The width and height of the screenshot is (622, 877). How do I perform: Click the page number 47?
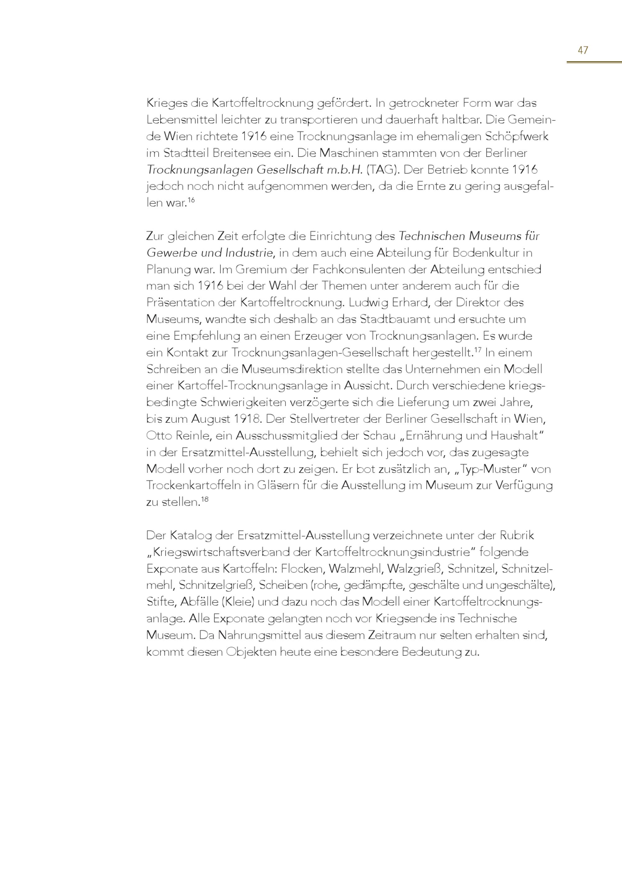point(583,50)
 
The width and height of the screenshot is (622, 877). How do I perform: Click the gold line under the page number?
point(594,62)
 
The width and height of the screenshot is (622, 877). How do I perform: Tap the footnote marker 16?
point(191,200)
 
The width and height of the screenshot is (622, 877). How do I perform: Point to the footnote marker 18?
point(205,499)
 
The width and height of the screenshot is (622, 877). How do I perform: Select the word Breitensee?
point(235,153)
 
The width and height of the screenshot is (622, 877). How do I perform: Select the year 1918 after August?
point(247,419)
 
